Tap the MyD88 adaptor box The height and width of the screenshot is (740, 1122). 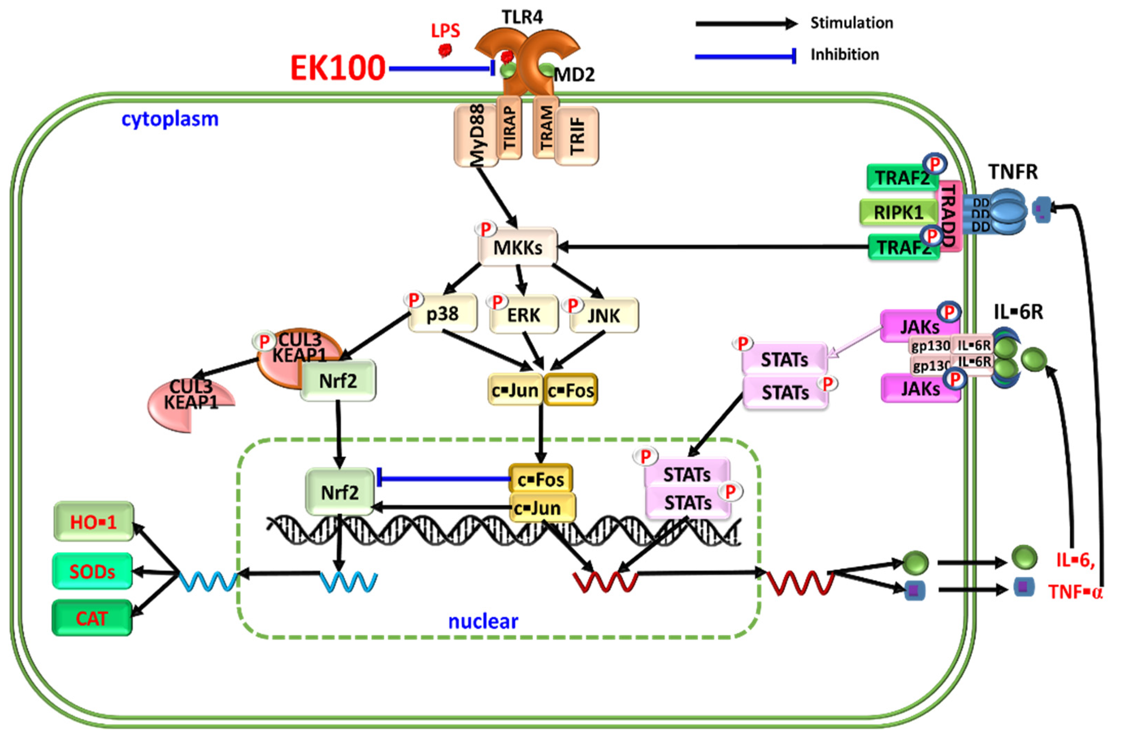(476, 135)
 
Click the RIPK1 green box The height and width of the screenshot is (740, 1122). (899, 212)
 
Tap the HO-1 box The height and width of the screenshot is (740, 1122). (93, 521)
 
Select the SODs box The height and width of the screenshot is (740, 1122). (92, 571)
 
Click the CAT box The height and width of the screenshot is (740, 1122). (92, 618)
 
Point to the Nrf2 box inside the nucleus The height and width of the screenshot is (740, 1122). (340, 492)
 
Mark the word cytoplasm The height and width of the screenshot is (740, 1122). (170, 119)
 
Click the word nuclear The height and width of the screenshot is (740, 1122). (483, 622)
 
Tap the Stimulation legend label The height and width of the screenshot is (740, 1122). (852, 23)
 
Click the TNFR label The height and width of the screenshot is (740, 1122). (1013, 172)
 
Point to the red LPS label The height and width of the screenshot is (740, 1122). (445, 31)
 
